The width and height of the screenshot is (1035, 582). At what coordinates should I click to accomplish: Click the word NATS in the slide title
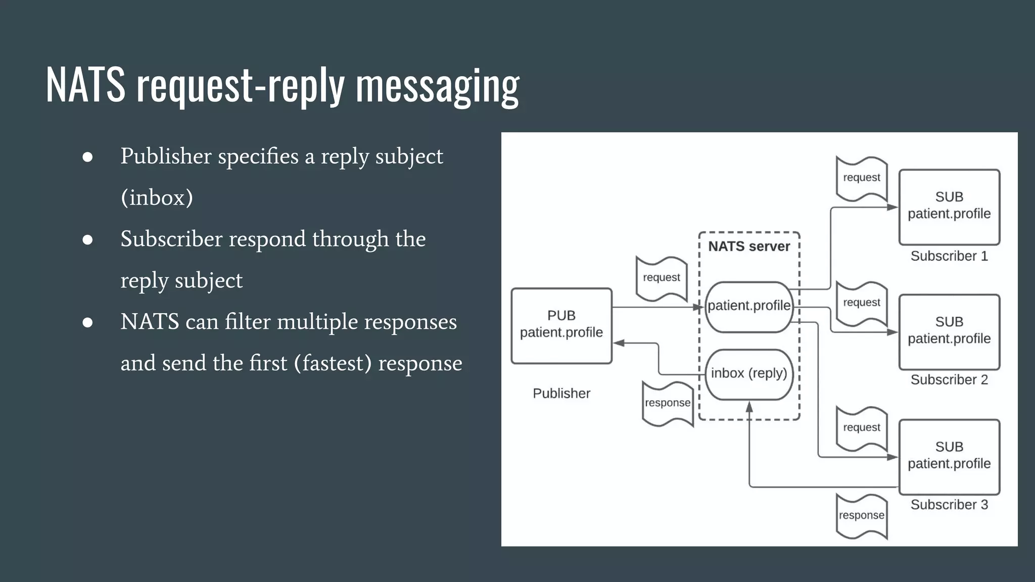85,85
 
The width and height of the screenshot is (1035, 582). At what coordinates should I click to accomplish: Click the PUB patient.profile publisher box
561,325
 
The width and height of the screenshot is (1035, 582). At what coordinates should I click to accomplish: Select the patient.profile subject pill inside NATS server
749,306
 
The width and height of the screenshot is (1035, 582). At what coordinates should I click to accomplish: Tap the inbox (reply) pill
749,374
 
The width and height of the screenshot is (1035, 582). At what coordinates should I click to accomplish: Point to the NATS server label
749,247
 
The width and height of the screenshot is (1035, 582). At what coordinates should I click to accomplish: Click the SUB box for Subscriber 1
949,207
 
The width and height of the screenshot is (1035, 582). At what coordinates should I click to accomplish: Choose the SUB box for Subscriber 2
949,331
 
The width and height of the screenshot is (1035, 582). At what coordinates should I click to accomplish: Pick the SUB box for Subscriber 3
949,456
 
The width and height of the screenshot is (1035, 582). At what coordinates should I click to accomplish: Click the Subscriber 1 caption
949,256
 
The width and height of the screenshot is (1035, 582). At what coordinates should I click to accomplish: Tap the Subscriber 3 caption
949,505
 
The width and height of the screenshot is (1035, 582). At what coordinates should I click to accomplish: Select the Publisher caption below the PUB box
561,394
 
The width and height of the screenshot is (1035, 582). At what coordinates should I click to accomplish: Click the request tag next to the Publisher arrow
662,278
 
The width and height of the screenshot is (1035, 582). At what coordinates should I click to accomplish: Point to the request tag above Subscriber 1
862,178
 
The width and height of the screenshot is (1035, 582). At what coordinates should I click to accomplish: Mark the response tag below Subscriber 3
862,516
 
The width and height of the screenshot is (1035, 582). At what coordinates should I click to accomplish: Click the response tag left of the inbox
668,403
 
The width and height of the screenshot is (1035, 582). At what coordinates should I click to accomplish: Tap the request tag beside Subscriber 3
862,428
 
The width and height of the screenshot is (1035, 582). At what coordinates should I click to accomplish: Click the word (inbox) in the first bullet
157,198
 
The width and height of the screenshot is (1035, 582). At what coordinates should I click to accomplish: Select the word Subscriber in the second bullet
171,239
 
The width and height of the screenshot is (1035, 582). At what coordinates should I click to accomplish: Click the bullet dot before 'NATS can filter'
87,322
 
